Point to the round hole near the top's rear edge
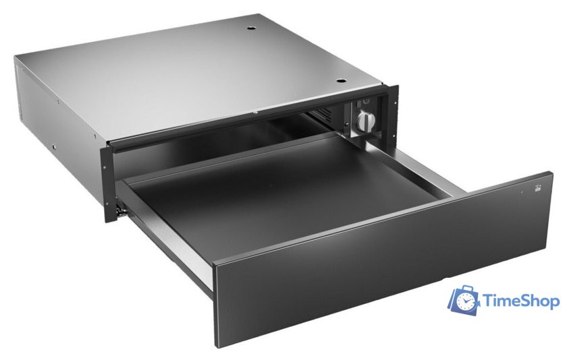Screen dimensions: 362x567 252,29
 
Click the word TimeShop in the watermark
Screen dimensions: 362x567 522,302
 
